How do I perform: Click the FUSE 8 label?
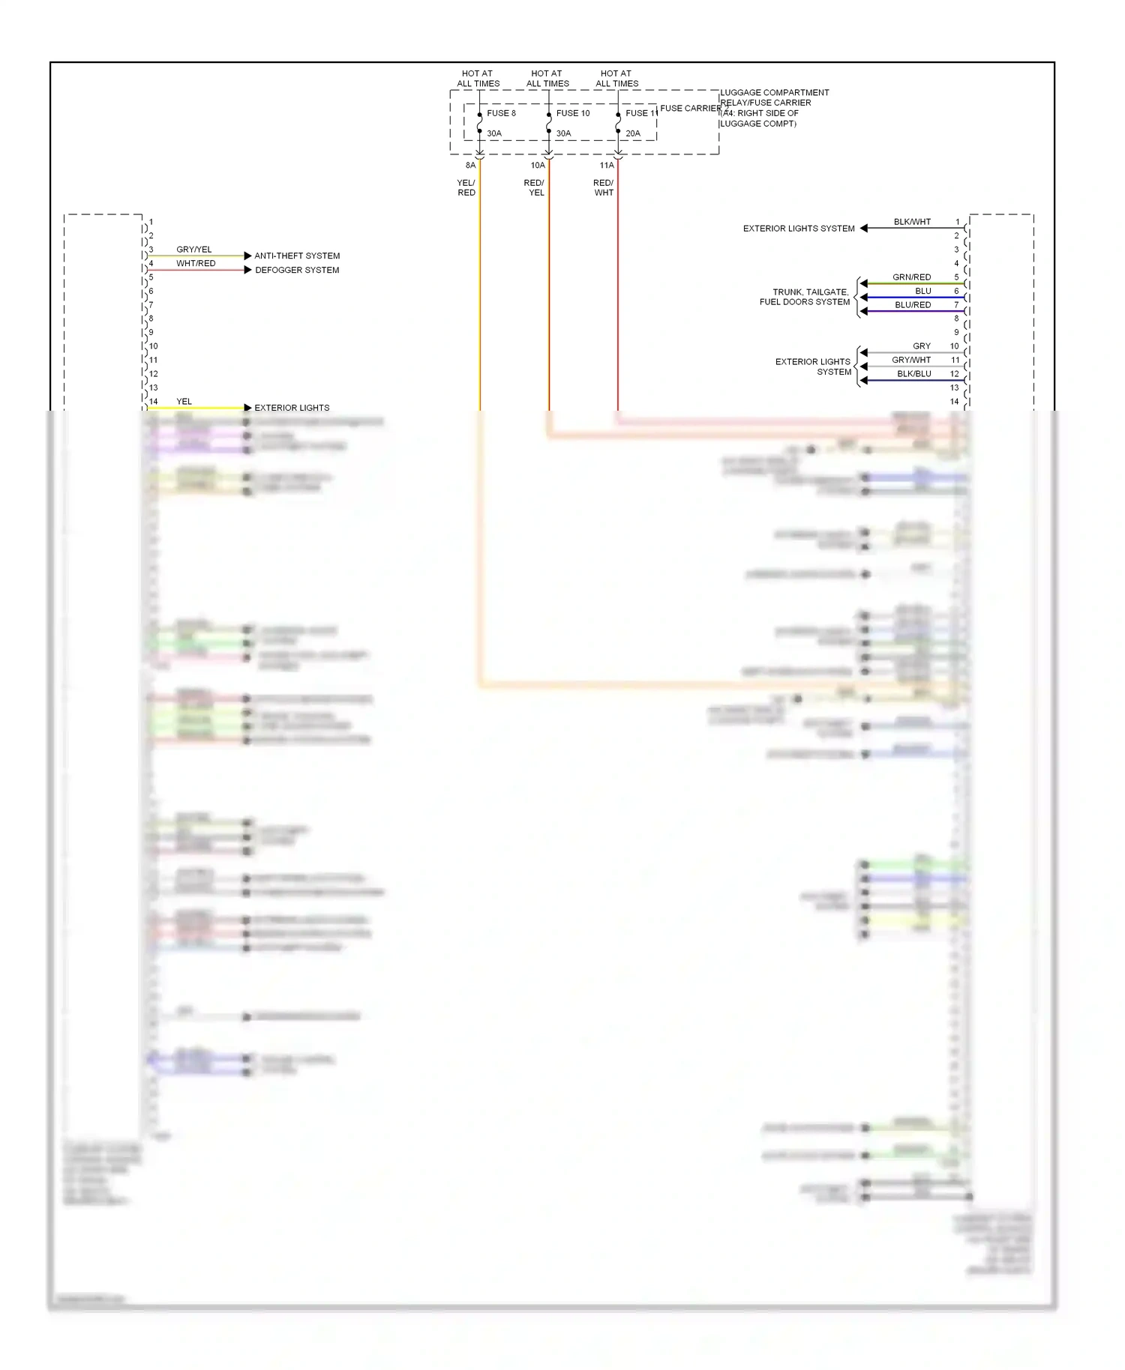click(501, 113)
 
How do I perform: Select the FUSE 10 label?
click(573, 113)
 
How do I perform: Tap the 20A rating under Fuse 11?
click(633, 133)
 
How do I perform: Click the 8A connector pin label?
click(470, 165)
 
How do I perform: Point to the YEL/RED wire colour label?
click(466, 187)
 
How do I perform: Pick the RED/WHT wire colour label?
click(604, 187)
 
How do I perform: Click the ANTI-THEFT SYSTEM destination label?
click(297, 256)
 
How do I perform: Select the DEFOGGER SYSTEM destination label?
click(297, 270)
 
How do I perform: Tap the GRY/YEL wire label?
click(194, 250)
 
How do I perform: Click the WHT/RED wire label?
click(196, 263)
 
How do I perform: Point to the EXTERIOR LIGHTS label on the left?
click(292, 408)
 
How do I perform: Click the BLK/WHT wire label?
click(912, 222)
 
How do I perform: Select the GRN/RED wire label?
click(911, 277)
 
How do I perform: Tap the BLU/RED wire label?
click(913, 305)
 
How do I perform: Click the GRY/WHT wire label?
click(911, 360)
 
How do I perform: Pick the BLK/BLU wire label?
click(914, 374)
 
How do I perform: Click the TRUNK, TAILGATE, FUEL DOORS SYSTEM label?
click(805, 297)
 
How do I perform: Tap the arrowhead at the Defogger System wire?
click(247, 270)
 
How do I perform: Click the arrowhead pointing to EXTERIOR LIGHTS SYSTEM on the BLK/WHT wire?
click(864, 228)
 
